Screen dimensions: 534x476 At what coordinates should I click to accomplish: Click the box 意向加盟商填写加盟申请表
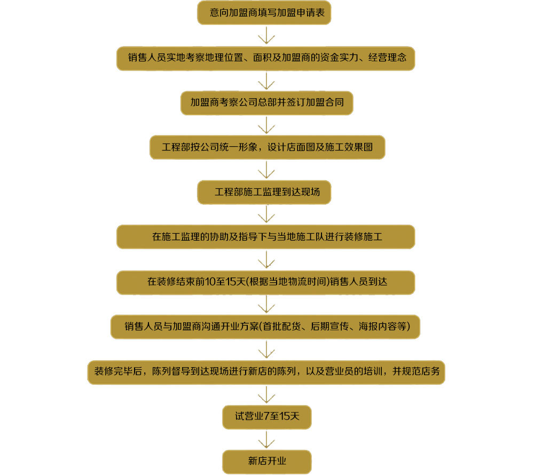(264, 13)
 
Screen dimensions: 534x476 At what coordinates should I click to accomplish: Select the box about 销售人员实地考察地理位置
(265, 58)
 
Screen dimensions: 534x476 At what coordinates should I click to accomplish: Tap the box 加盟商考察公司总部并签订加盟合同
(266, 103)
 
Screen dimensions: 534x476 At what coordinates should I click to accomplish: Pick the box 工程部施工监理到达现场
(264, 192)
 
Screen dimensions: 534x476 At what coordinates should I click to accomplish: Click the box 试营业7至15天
(266, 417)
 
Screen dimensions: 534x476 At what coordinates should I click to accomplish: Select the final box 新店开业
(266, 462)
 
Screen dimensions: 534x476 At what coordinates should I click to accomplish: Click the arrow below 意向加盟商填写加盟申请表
(266, 35)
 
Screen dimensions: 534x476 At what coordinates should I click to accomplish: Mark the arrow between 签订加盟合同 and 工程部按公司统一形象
(266, 125)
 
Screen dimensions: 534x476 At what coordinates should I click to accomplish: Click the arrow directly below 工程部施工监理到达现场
(266, 215)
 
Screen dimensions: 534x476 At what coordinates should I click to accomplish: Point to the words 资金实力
(339, 58)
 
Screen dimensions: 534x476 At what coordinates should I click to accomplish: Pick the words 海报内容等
(382, 327)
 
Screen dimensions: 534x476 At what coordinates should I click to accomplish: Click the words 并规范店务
(416, 371)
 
